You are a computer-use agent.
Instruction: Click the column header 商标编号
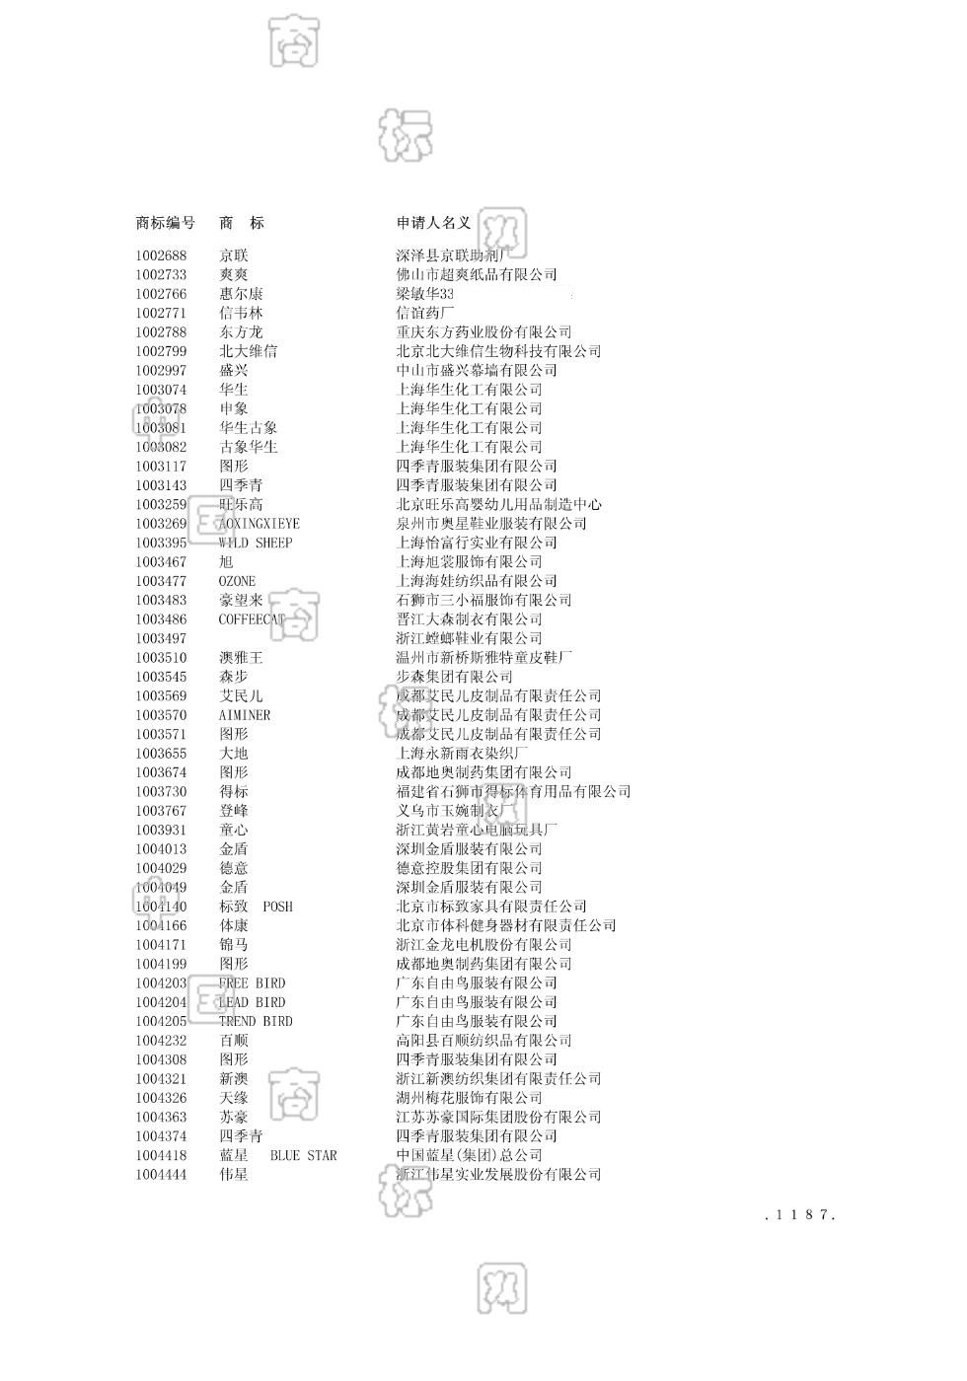(x=165, y=223)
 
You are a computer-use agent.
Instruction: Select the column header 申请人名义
(x=433, y=223)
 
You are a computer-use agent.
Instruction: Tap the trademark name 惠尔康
(x=241, y=294)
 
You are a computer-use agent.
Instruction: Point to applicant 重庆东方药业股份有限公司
(x=483, y=332)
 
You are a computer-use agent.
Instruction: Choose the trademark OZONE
(x=237, y=581)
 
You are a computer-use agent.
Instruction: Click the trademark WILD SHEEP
(x=256, y=543)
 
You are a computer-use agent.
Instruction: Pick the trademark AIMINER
(x=244, y=715)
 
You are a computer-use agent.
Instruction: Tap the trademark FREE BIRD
(x=252, y=983)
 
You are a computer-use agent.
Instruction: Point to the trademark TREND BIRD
(x=256, y=1021)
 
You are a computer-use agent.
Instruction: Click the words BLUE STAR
(x=303, y=1155)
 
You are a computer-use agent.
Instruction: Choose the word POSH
(x=277, y=907)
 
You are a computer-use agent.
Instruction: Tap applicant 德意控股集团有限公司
(x=469, y=868)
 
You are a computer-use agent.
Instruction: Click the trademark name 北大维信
(x=248, y=351)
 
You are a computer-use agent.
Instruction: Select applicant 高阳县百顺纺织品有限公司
(x=483, y=1041)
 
